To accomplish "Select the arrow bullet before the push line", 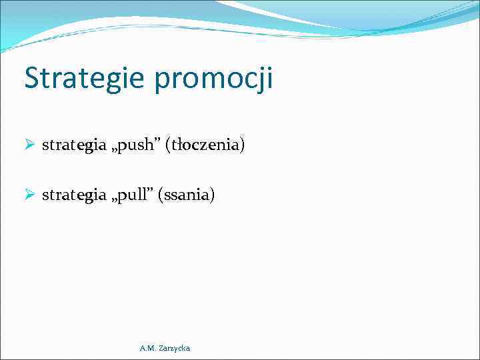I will (x=30, y=145).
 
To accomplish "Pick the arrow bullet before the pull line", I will (x=30, y=195).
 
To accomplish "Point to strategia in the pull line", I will (x=74, y=195).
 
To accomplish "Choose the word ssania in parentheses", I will (x=186, y=195).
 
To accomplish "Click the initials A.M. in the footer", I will (x=147, y=348).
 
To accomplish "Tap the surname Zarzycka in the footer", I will (x=174, y=348).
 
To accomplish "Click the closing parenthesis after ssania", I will (x=213, y=195).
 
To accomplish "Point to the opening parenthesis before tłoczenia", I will (x=169, y=145).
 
